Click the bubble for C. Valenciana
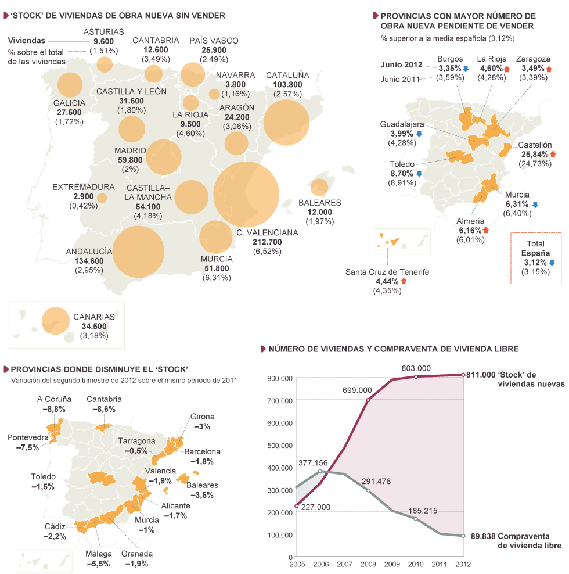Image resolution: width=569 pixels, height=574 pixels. [246, 195]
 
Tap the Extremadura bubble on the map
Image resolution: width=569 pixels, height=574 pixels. [102, 198]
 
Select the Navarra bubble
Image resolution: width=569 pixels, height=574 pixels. [214, 94]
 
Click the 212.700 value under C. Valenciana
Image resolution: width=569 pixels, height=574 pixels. [267, 242]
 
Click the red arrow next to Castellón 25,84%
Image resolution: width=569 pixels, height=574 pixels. [553, 154]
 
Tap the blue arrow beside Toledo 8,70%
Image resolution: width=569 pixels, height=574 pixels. [419, 174]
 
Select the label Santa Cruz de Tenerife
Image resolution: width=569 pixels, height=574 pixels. [387, 271]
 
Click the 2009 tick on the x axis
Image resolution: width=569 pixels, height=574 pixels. [392, 564]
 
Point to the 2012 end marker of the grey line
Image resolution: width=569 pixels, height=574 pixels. [463, 536]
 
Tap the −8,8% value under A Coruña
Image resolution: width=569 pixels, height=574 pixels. [54, 409]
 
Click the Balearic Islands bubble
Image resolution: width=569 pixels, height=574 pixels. [319, 187]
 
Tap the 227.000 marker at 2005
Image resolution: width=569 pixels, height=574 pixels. [297, 506]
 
